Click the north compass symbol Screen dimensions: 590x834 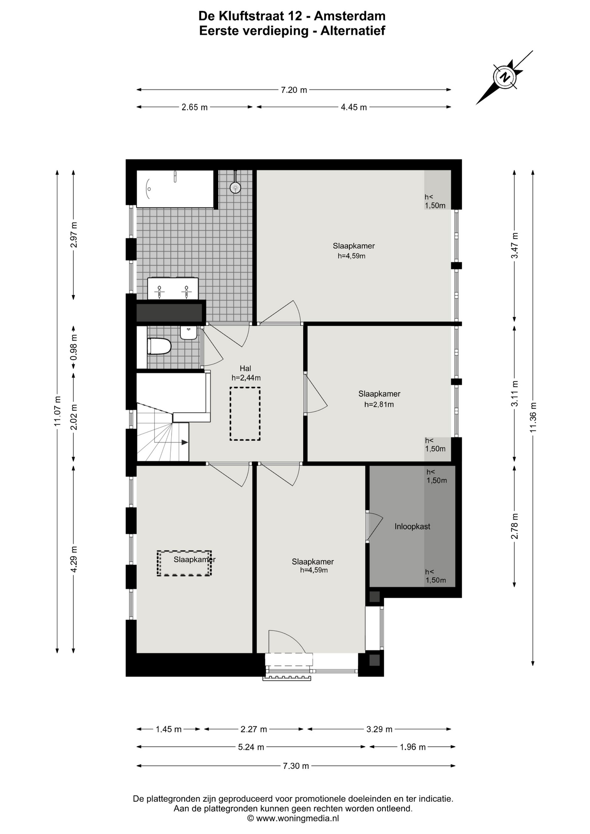click(504, 77)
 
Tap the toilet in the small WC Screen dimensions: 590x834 click(159, 346)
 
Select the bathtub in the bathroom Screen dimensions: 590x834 click(175, 189)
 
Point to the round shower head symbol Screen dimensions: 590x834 click(235, 187)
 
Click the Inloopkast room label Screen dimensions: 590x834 click(412, 526)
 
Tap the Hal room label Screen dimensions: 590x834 click(245, 368)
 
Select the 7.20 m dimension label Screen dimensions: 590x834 click(294, 90)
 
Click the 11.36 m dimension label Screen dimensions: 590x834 click(533, 417)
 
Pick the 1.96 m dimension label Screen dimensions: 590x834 click(413, 747)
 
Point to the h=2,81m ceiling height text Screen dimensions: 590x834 click(379, 404)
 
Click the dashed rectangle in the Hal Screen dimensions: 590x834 click(245, 414)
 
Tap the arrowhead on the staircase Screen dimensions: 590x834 click(185, 442)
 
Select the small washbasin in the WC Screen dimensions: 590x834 click(189, 333)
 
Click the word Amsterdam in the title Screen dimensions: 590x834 click(350, 16)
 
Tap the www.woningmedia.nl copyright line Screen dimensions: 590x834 click(293, 818)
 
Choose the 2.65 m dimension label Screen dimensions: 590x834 click(195, 107)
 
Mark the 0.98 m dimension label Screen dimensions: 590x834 click(73, 347)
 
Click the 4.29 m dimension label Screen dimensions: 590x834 click(73, 559)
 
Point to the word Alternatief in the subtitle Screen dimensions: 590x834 click(353, 31)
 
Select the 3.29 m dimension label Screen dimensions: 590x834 click(379, 729)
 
